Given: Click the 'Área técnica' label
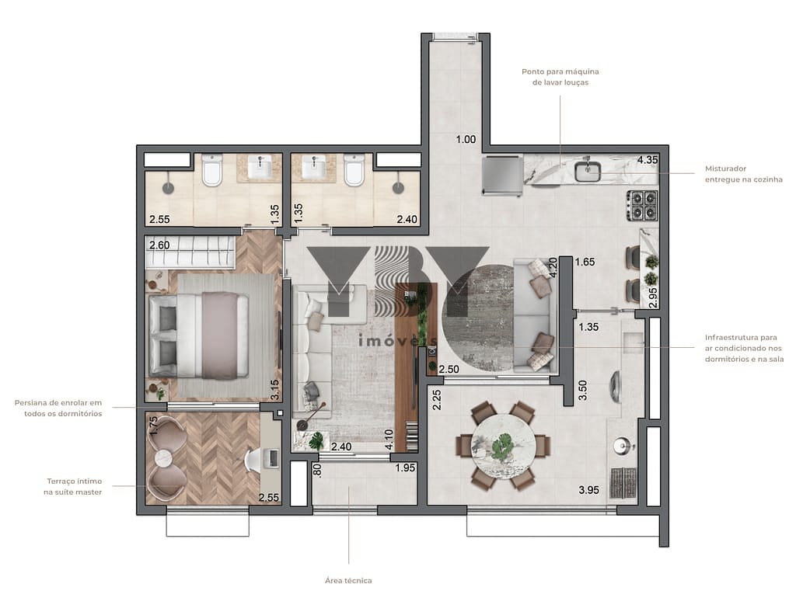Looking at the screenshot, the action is coord(348,580).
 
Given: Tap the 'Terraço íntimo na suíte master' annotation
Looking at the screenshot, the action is coord(74,486).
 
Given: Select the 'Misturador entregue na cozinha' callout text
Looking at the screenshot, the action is coord(743,174).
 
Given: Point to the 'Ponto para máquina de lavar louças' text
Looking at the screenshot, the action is coord(560,77).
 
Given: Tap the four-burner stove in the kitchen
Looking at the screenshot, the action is coord(643,206).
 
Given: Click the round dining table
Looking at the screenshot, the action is coord(504,446).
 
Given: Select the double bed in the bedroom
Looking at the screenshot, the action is coord(199,335).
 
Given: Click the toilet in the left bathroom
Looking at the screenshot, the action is coord(212,170).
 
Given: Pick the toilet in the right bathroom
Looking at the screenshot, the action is coord(354,170).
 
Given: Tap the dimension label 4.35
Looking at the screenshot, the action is coord(648,160).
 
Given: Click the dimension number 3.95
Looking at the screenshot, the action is coord(589,490).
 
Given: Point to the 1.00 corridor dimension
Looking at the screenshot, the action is coord(466,139).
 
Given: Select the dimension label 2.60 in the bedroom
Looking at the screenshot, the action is coord(159,245).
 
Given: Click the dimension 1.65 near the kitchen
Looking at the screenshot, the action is coord(585,262).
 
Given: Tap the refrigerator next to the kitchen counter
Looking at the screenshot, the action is coord(502,176).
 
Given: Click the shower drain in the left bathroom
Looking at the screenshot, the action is coord(168,188).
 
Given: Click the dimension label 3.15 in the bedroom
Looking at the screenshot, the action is coord(274,390).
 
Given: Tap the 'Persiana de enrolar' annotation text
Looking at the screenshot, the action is coord(58,403).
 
